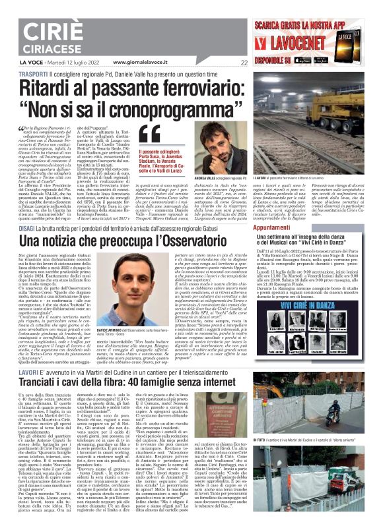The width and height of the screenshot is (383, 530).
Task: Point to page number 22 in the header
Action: tap(244, 63)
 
